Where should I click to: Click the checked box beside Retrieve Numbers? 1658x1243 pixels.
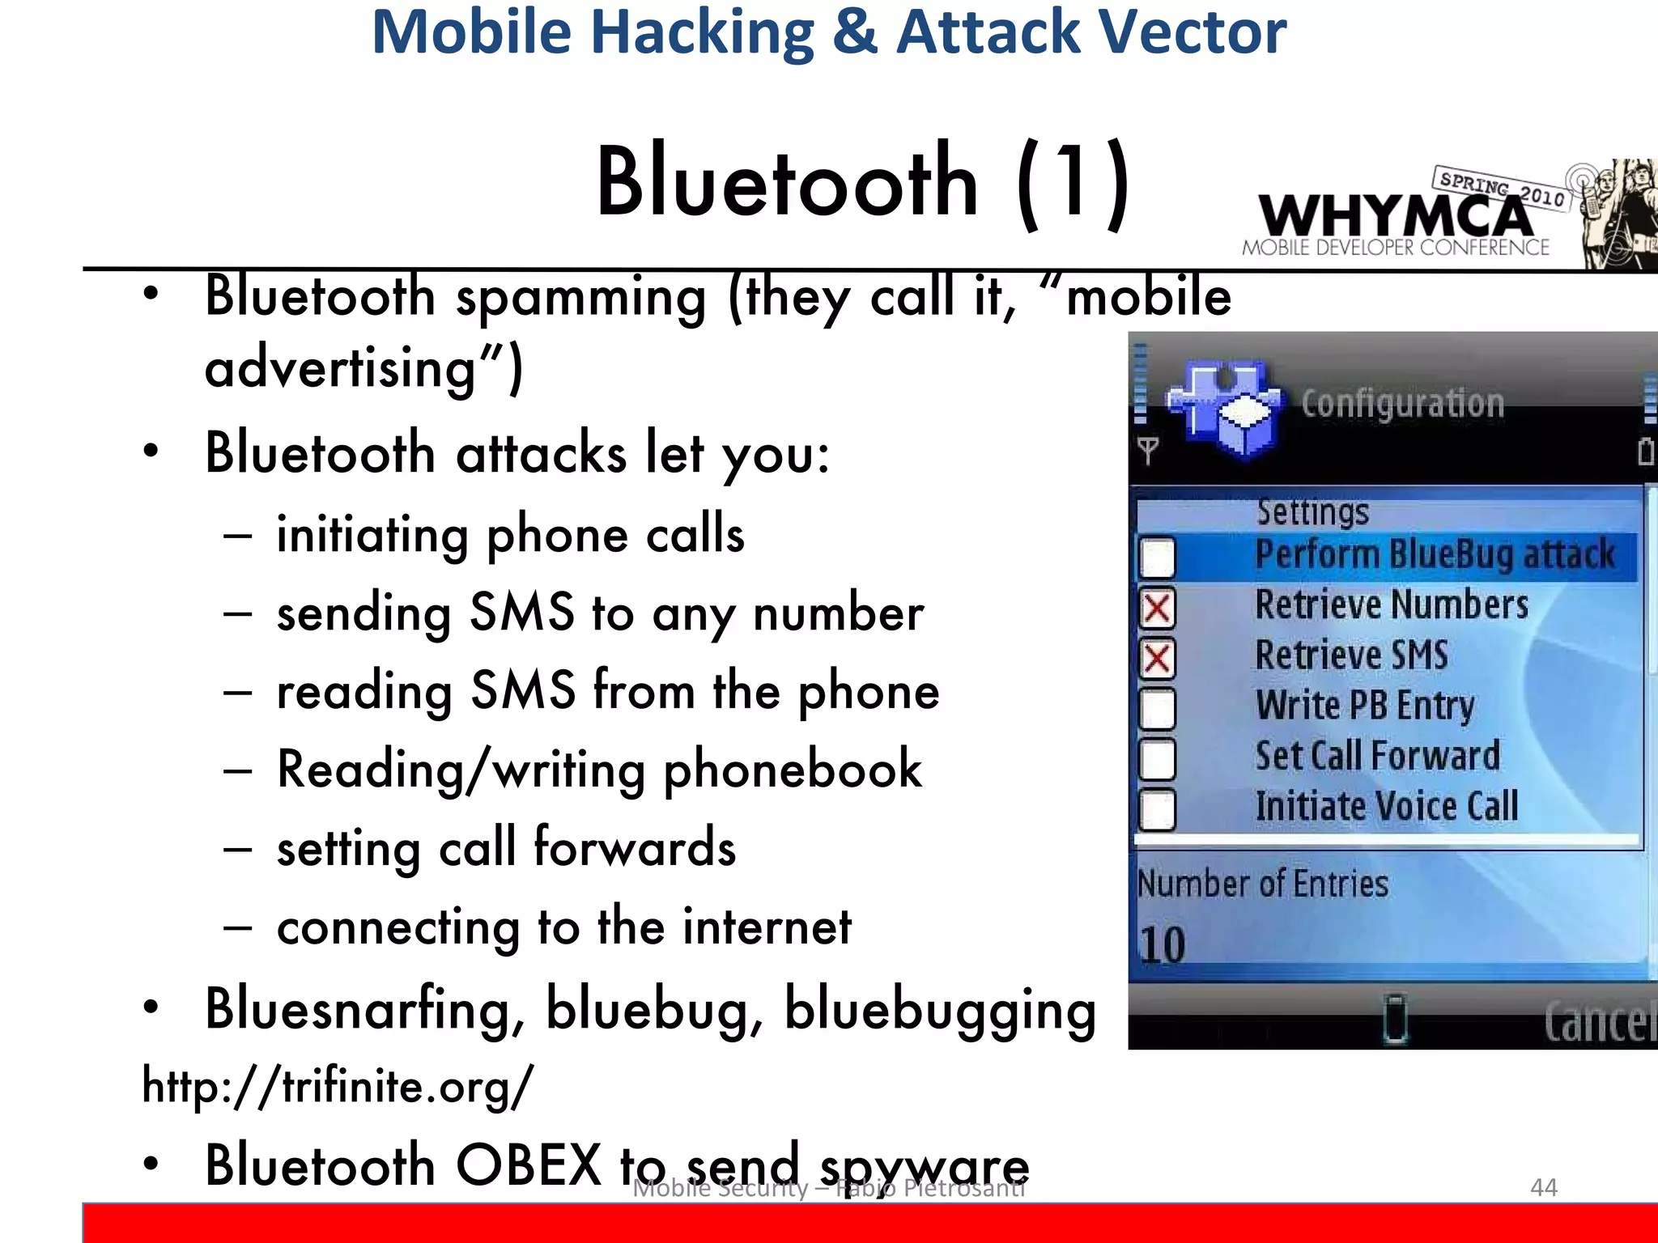tap(1157, 609)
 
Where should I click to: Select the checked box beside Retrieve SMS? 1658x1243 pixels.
tap(1157, 659)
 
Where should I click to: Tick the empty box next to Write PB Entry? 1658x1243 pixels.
tap(1157, 709)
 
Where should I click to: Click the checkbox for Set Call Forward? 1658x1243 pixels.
tap(1157, 759)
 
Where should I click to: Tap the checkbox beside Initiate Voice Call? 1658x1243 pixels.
tap(1157, 809)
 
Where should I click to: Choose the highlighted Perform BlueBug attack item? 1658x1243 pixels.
tap(1434, 556)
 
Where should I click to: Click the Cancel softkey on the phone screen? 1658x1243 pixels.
tap(1599, 1023)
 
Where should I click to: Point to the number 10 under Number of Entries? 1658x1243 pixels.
tap(1162, 945)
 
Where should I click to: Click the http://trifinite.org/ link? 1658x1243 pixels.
tap(338, 1086)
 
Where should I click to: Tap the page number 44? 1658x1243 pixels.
tap(1543, 1187)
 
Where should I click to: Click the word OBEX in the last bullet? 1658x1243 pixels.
tap(528, 1165)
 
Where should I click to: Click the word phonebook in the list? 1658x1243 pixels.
tap(793, 769)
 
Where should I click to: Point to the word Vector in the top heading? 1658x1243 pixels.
tap(1190, 32)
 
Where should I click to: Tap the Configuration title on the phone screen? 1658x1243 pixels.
tap(1402, 403)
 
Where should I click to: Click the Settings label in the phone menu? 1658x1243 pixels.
tap(1312, 511)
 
